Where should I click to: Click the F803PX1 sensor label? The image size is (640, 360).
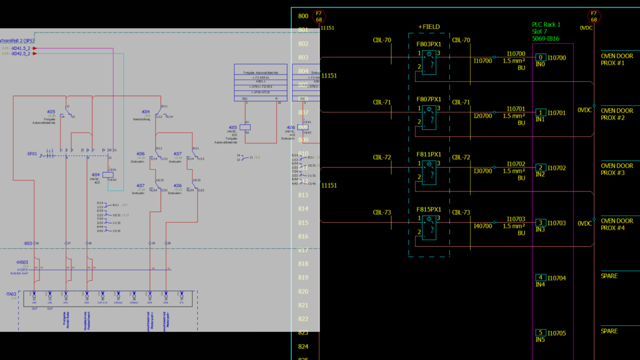428,44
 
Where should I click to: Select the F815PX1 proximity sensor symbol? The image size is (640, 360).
429,227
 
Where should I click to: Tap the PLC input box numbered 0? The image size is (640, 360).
540,57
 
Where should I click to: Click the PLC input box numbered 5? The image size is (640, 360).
540,333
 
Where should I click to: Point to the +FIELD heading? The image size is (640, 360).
429,27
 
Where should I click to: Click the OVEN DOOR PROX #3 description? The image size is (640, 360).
617,169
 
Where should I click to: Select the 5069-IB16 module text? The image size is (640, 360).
545,39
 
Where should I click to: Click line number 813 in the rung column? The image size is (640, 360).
303,195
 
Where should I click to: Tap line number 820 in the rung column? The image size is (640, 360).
303,291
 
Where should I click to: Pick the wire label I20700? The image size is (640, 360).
483,116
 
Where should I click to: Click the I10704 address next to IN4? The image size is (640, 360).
556,278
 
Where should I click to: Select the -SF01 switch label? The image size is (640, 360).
32,154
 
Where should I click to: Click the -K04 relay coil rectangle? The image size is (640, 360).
108,175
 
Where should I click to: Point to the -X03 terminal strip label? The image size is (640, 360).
28,243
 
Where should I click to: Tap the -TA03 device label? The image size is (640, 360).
11,294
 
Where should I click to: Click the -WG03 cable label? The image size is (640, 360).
22,262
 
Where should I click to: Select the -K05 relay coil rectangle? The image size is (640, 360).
245,127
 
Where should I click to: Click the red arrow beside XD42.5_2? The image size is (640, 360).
35,54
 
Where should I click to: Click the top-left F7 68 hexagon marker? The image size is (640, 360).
319,16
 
